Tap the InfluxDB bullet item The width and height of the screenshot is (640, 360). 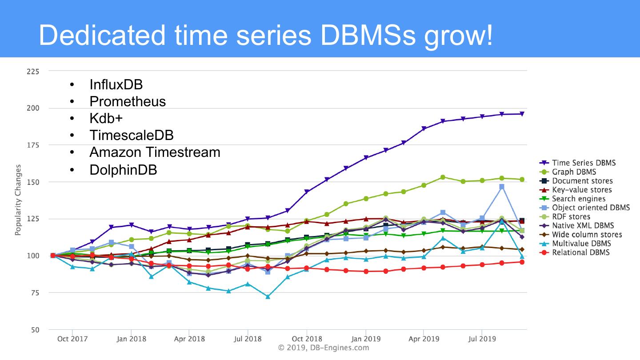click(x=116, y=84)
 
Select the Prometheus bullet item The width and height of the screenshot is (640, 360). click(x=128, y=101)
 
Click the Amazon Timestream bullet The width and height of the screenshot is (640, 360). click(x=155, y=152)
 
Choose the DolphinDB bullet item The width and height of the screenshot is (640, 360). click(x=123, y=169)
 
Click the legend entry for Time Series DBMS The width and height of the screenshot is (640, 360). click(x=584, y=163)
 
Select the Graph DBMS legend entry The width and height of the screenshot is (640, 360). click(x=574, y=172)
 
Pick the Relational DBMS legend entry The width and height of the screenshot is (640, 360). click(x=580, y=252)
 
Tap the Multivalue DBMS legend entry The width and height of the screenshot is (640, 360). click(x=581, y=244)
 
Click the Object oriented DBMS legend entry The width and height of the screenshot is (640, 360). click(x=591, y=208)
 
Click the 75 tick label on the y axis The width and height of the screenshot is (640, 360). click(x=35, y=293)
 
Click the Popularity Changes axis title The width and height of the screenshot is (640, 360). click(x=18, y=200)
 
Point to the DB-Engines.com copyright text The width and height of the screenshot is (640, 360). click(x=324, y=348)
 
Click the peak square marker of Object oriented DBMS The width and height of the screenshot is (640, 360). click(x=502, y=187)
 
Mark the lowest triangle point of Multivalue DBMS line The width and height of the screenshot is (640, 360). click(x=268, y=296)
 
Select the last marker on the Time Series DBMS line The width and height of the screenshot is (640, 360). click(x=522, y=114)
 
